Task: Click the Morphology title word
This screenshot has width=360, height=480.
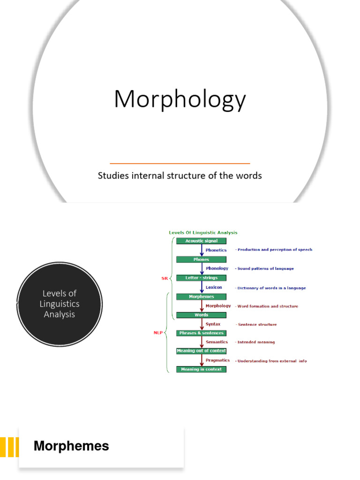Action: pyautogui.click(x=180, y=100)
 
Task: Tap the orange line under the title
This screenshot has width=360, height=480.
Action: pyautogui.click(x=180, y=163)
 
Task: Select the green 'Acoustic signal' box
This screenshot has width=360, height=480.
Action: pyautogui.click(x=201, y=241)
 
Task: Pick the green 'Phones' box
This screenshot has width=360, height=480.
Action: pyautogui.click(x=201, y=259)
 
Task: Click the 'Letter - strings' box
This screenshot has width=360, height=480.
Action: pyautogui.click(x=201, y=278)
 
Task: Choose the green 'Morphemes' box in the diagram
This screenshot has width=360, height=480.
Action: pyautogui.click(x=201, y=297)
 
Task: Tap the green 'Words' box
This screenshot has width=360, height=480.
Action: pyautogui.click(x=201, y=315)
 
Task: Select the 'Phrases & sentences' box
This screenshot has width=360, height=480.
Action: pyautogui.click(x=201, y=333)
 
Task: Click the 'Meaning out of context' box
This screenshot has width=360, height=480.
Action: pyautogui.click(x=201, y=351)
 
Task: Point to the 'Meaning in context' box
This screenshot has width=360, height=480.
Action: pyautogui.click(x=201, y=369)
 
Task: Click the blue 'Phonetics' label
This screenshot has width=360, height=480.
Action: pyautogui.click(x=216, y=250)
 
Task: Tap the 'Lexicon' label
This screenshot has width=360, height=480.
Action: pyautogui.click(x=214, y=287)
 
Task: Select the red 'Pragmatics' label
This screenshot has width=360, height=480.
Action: pyautogui.click(x=217, y=360)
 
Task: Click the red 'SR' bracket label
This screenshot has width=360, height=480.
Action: pyautogui.click(x=165, y=278)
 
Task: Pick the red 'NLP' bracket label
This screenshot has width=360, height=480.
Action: pyautogui.click(x=158, y=333)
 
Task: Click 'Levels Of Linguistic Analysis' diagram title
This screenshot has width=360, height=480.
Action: pyautogui.click(x=203, y=232)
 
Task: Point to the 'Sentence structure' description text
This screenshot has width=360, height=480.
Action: pyautogui.click(x=257, y=324)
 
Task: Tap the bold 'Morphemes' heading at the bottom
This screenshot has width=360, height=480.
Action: pyautogui.click(x=71, y=446)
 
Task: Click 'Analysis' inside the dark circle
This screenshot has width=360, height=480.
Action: pyautogui.click(x=60, y=315)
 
